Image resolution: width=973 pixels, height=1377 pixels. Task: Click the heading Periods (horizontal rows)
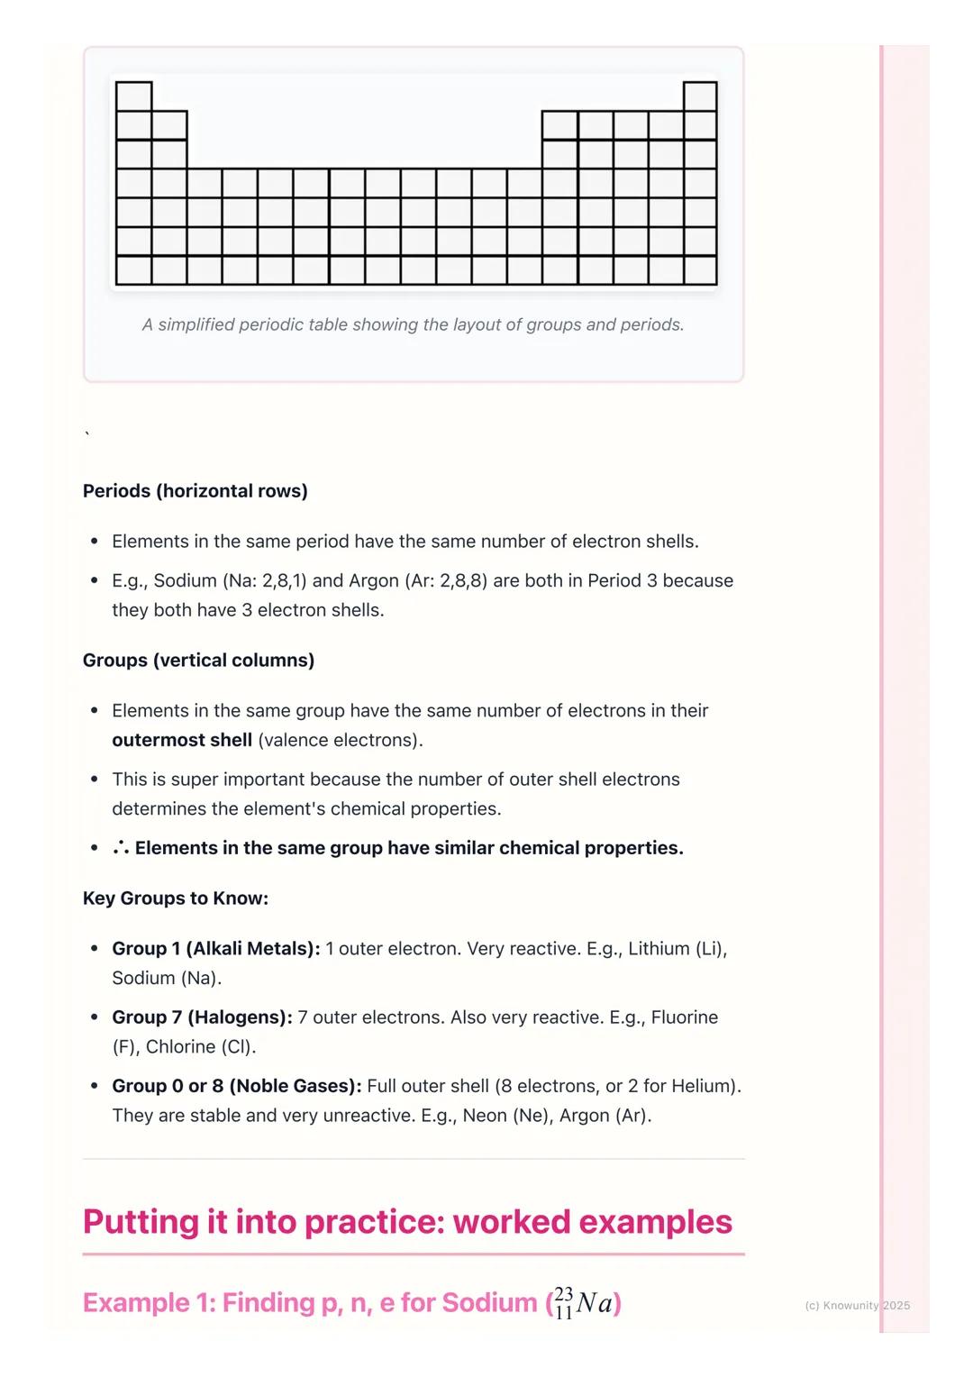click(x=195, y=491)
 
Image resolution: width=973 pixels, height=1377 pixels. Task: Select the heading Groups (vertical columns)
click(x=198, y=661)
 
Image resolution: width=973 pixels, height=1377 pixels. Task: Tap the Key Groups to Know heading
click(x=176, y=898)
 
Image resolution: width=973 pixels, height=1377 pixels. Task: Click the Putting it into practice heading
click(x=407, y=1222)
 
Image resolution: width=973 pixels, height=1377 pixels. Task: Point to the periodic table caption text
click(x=413, y=324)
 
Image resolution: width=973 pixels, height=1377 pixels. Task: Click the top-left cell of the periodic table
click(x=133, y=96)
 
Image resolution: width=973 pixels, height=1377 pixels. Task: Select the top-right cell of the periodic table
click(x=700, y=96)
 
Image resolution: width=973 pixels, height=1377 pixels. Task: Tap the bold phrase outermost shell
click(x=182, y=740)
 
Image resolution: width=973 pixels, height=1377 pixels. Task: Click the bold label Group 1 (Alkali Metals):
click(x=216, y=949)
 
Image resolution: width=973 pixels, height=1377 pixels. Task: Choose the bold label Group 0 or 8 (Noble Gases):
click(x=237, y=1086)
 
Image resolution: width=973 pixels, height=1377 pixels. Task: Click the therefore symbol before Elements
click(x=121, y=848)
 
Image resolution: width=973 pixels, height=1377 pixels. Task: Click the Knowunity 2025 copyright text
click(x=857, y=1305)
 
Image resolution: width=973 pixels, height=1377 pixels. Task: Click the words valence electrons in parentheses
click(x=340, y=740)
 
